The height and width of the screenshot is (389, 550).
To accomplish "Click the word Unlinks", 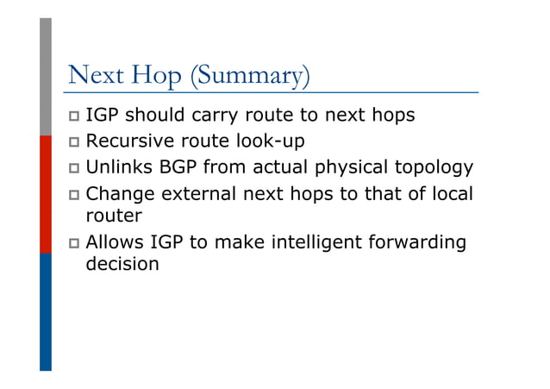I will click(118, 167).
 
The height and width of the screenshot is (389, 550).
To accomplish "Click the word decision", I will click(122, 264).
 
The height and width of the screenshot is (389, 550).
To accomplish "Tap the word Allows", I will click(115, 242).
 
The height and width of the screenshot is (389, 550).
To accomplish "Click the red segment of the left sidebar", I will click(46, 193).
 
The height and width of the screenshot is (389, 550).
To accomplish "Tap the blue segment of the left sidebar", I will click(46, 311).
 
